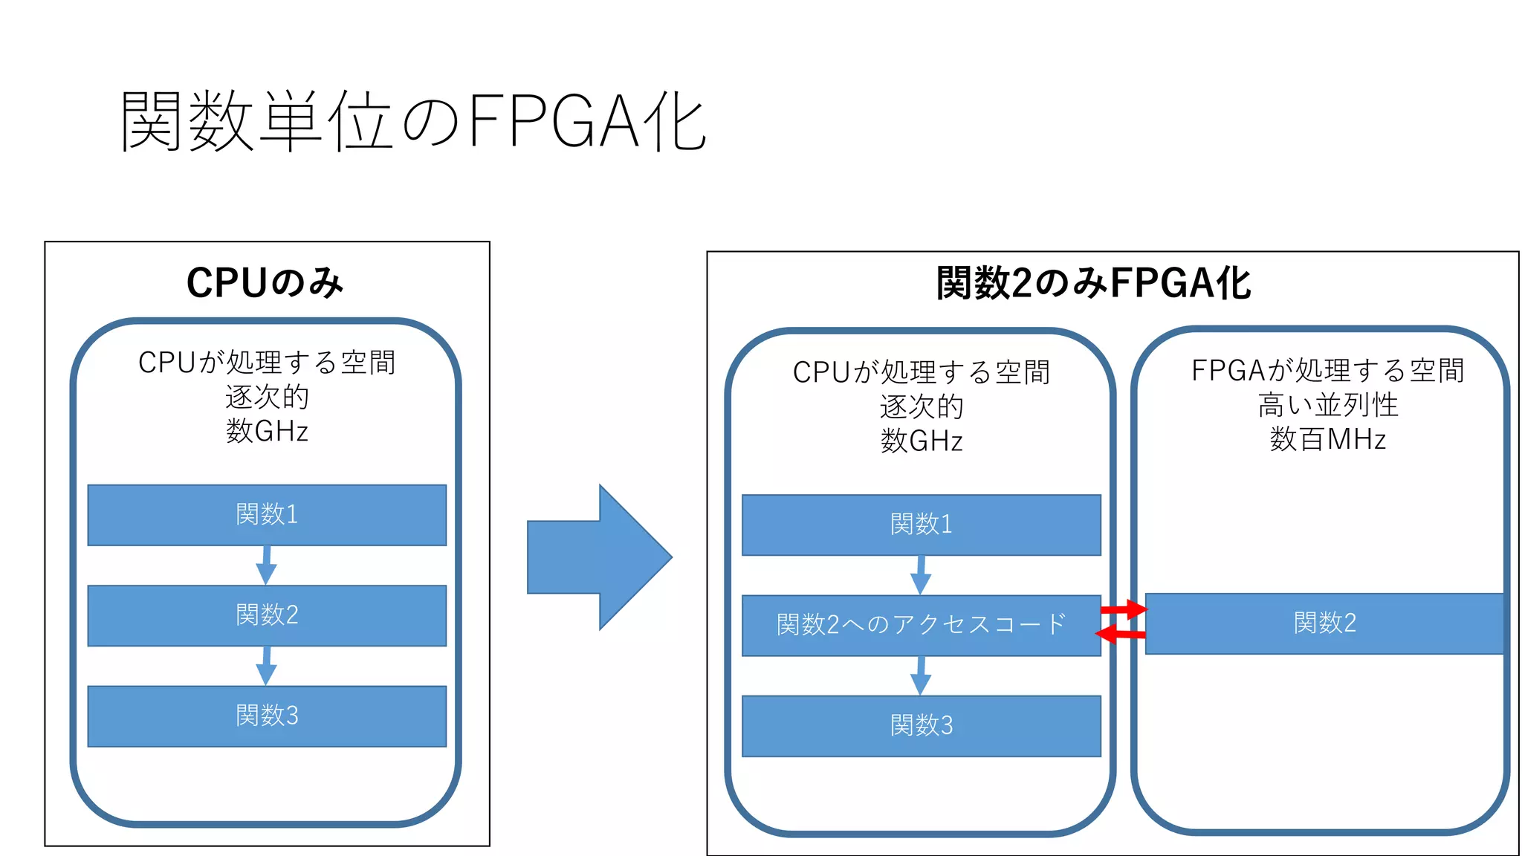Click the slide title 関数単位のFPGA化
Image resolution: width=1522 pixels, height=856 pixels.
[413, 121]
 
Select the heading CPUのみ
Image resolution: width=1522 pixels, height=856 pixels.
[265, 282]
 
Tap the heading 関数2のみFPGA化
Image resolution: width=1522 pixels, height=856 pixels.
[1093, 283]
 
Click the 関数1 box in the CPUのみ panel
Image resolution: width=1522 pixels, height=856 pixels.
[267, 515]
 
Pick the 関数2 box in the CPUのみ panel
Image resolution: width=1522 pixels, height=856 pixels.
[267, 615]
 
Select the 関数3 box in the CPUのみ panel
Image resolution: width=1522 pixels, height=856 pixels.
[267, 716]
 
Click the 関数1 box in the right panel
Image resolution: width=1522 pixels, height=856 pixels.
[921, 525]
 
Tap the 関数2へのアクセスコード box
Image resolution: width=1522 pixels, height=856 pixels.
[921, 625]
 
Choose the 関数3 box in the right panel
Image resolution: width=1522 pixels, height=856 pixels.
[921, 726]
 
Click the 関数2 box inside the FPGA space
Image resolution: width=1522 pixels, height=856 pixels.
[1324, 623]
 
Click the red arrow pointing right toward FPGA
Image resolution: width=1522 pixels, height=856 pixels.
[1124, 610]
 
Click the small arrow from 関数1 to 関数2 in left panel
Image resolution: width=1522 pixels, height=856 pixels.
[266, 565]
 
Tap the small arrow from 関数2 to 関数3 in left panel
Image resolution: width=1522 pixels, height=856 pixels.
[266, 666]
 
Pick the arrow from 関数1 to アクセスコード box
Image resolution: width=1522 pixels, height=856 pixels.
[921, 575]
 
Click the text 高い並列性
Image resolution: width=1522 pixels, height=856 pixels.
[1327, 406]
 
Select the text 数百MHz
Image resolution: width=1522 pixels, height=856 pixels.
[1327, 440]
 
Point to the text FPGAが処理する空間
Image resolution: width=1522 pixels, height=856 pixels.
[1327, 371]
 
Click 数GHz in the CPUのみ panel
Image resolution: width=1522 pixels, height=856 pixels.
[267, 431]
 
